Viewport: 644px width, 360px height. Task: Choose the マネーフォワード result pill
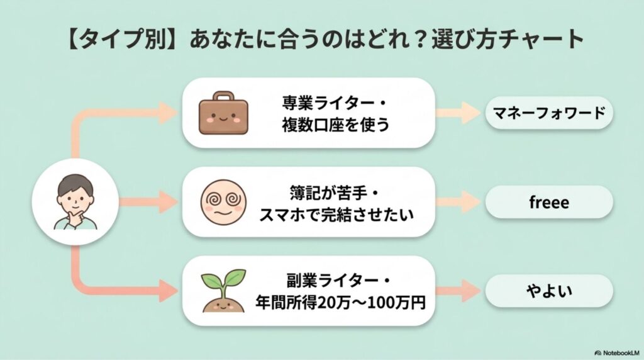[548, 113]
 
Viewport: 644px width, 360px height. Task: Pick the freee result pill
[548, 202]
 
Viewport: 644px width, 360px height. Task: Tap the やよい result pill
[548, 291]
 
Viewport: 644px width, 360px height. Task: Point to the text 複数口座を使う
[336, 125]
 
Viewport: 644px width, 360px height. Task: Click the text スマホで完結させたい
[336, 215]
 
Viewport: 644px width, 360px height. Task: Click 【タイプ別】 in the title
[113, 40]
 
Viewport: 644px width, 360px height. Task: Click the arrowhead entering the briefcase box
[169, 113]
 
